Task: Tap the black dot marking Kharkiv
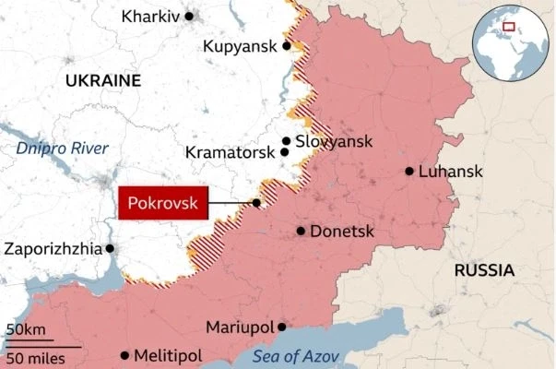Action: [189, 16]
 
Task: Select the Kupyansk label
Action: [242, 45]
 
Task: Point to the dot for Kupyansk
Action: [287, 45]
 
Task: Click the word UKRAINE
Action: [102, 81]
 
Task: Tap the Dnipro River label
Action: [62, 149]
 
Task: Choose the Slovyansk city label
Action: [334, 141]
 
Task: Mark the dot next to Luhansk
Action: [408, 171]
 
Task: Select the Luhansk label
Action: [448, 171]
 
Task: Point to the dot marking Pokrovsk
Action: [256, 203]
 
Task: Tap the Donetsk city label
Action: [341, 231]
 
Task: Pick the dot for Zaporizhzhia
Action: [110, 248]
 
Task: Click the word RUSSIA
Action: [484, 270]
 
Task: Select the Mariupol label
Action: [240, 327]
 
